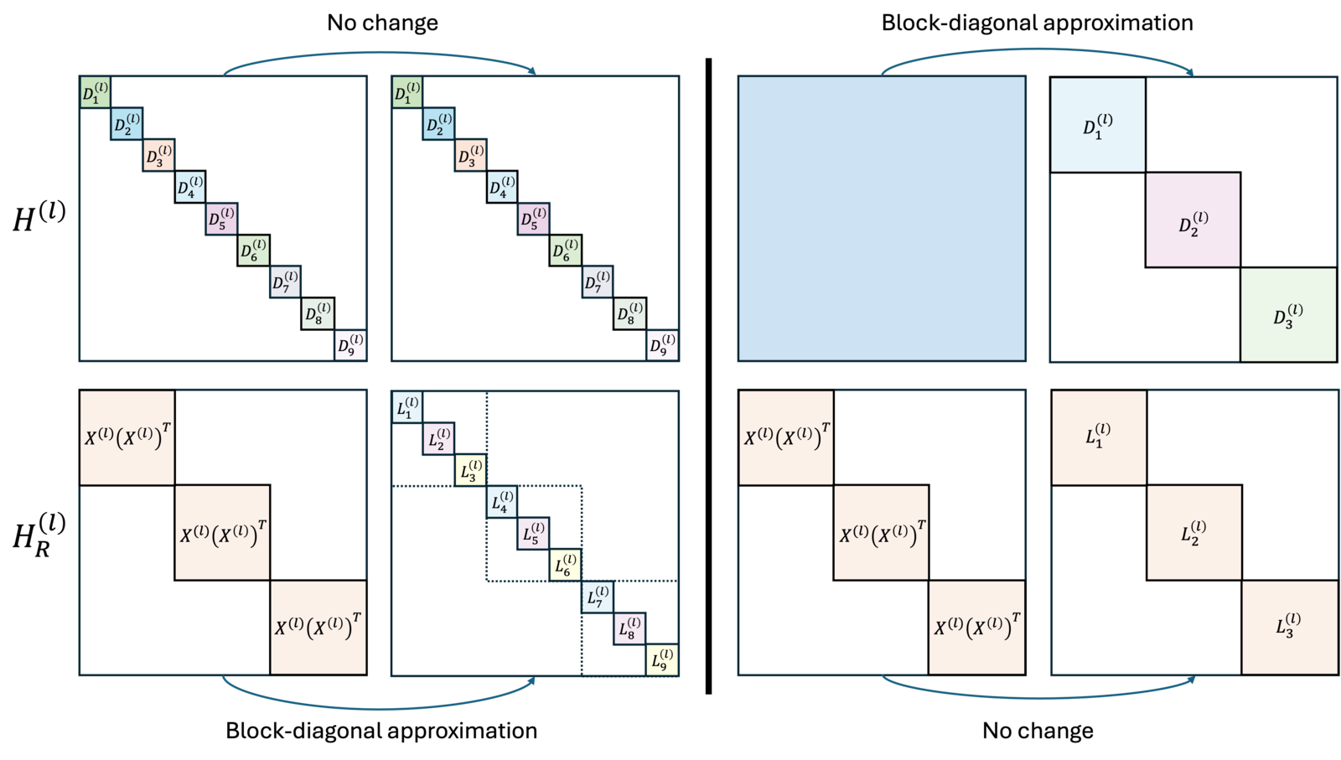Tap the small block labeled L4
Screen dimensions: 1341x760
[502, 501]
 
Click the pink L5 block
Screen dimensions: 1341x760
[533, 533]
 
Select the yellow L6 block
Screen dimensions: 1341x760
[565, 565]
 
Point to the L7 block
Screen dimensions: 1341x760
[597, 597]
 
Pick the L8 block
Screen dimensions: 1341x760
[629, 628]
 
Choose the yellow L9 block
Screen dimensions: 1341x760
[662, 660]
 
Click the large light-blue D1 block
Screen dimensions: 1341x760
[1098, 125]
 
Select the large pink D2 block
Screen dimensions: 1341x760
[1193, 220]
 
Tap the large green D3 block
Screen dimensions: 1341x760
[1288, 315]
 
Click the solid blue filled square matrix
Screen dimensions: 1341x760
[882, 219]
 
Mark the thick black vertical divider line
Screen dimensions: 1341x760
[709, 376]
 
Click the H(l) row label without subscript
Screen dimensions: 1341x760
[39, 217]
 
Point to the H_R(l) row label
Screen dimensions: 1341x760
[39, 535]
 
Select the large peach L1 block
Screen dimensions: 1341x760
[1099, 437]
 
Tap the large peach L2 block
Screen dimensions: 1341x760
[1194, 533]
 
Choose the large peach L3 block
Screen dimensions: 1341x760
[1290, 628]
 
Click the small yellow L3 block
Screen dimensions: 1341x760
[470, 470]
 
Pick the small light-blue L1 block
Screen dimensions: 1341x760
[407, 407]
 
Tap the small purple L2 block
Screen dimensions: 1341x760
[438, 438]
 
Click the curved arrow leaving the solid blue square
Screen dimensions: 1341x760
[1038, 49]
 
